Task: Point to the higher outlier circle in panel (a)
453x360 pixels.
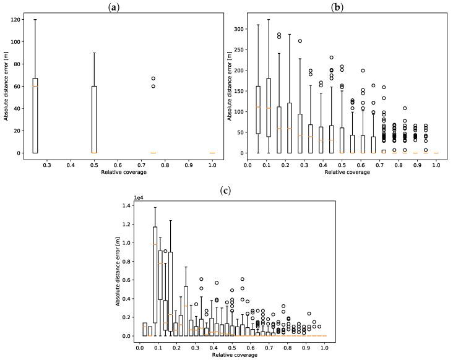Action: coord(153,79)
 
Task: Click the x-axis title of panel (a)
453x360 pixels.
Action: coord(124,172)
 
